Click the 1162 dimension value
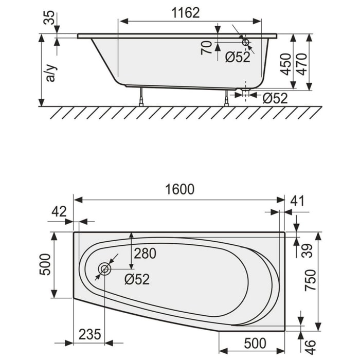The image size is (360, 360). point(185,13)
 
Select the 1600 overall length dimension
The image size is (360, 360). point(179,190)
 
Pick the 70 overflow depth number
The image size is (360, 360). point(206,49)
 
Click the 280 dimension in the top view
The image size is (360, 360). point(145,253)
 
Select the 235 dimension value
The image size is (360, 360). point(91,335)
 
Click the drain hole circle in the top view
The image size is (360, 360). point(105,269)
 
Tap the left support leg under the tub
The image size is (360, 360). point(141,96)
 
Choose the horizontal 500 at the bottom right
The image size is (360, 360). point(255,343)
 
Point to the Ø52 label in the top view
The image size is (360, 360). point(137,279)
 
